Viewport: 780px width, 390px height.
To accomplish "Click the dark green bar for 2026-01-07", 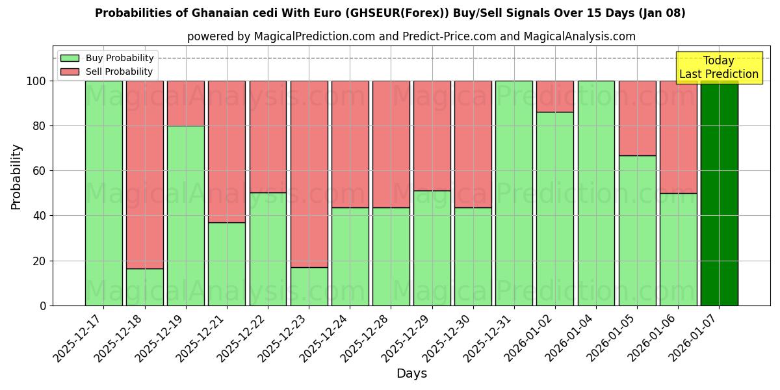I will pos(719,193).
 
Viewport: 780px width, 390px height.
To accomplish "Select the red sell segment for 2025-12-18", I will pos(145,174).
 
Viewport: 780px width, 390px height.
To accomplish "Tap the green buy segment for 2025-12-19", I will pos(186,215).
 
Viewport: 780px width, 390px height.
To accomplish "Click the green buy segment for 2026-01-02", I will pos(555,209).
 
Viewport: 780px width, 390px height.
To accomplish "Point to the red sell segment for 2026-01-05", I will pos(637,118).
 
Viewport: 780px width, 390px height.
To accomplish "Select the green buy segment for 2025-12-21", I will pos(227,264).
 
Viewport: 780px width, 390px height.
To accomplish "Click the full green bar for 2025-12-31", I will pos(514,193).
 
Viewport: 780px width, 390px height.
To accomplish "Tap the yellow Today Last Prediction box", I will pos(719,68).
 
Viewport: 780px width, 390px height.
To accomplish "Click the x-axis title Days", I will pos(411,374).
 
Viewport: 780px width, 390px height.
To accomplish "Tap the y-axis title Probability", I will pos(16,177).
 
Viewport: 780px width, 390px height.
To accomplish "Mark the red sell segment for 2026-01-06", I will pos(678,136).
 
